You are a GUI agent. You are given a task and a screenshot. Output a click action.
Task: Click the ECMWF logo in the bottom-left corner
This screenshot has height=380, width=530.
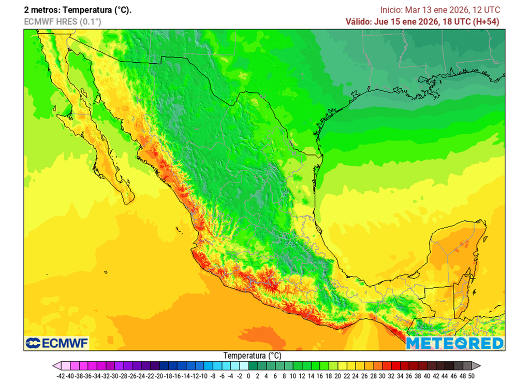pos(57,343)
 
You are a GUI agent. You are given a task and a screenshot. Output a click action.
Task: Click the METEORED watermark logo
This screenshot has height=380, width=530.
pos(454,343)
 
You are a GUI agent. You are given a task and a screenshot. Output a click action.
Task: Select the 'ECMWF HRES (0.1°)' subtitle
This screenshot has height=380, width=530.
pos(62,21)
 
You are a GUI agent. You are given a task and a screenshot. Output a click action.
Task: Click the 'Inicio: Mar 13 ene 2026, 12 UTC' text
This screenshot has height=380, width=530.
pos(440,10)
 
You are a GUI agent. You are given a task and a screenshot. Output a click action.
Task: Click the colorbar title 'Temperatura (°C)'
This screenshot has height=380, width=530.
pos(252,356)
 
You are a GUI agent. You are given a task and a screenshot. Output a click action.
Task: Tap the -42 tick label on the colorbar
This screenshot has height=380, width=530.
pos(61,376)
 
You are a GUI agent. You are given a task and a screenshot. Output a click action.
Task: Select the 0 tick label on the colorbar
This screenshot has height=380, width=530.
pos(248,376)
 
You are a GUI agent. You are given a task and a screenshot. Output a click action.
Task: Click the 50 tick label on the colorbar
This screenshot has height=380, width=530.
pos(470,376)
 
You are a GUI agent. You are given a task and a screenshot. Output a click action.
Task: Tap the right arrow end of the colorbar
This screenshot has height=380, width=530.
pos(476,365)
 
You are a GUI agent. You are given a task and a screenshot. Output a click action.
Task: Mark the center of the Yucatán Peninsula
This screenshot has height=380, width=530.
pos(455,254)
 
